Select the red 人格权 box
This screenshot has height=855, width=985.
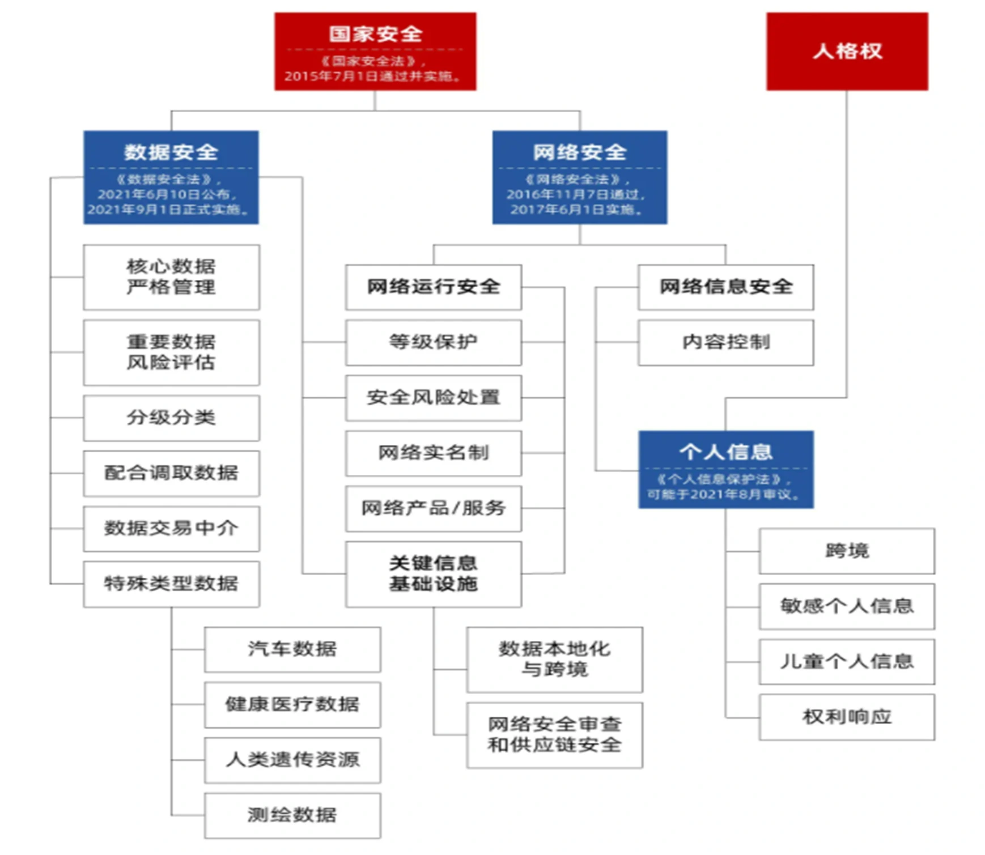coord(847,52)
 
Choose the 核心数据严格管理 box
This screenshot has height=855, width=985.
coord(171,277)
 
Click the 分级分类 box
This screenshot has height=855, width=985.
coord(171,418)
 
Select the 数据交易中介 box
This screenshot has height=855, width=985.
coord(171,529)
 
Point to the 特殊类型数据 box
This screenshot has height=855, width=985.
coord(171,584)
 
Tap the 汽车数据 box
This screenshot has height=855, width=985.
coord(292,649)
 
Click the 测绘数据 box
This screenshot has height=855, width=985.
coord(292,815)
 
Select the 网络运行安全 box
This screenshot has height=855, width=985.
coord(434,287)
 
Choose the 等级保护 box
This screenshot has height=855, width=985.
coord(434,342)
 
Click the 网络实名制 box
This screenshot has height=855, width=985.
coord(434,453)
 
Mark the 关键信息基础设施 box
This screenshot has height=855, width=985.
coord(434,574)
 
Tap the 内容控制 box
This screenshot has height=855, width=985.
coord(725,342)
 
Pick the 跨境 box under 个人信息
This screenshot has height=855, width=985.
coord(847,551)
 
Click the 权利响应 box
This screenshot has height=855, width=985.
coord(847,717)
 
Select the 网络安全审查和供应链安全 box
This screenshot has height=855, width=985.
coord(554,735)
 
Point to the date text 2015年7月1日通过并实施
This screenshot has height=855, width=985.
coord(373,76)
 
